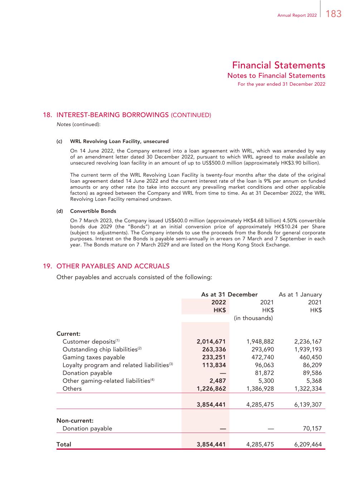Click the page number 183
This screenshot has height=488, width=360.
point(334,14)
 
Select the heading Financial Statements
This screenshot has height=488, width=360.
point(278,65)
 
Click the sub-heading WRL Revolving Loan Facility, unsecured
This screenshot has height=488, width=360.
point(119,142)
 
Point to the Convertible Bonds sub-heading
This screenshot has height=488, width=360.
point(93,211)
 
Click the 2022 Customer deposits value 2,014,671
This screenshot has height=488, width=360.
point(211,342)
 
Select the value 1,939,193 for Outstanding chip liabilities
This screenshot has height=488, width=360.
point(308,350)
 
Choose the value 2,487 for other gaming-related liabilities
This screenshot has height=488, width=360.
point(218,381)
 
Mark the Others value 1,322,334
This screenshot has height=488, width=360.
point(308,389)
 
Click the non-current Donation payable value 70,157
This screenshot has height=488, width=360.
point(312,429)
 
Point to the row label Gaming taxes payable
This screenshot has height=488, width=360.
point(94,358)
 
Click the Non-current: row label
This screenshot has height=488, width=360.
point(75,421)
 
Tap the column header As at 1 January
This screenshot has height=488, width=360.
point(300,295)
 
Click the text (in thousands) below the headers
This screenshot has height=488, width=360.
point(253,318)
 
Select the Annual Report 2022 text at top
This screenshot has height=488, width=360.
point(297,15)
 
